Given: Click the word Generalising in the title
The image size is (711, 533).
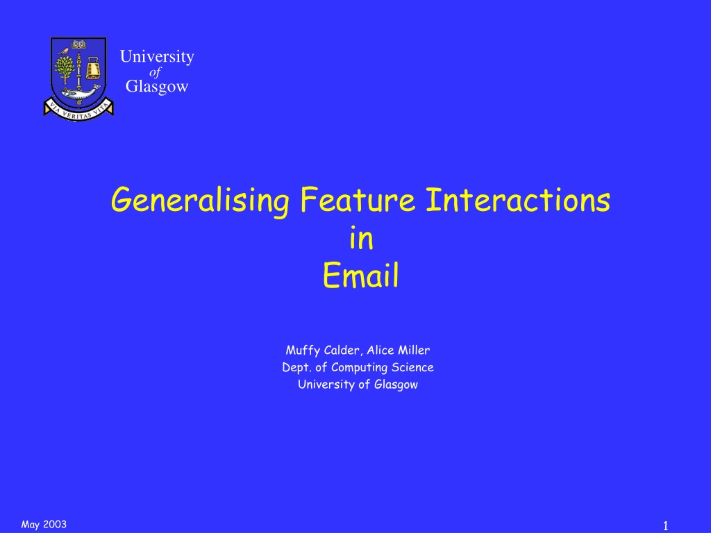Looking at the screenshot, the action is coord(200,201).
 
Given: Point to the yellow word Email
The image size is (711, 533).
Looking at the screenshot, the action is coord(361,275).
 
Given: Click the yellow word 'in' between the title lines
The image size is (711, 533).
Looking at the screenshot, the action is coord(361,238).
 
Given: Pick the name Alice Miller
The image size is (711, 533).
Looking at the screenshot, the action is coord(398,350).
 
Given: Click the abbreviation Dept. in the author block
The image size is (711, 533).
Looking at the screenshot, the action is coord(296,368).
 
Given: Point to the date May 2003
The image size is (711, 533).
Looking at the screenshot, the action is coord(44,525).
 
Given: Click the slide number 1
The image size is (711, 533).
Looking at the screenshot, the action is coord(666,526).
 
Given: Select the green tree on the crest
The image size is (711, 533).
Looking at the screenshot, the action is coord(65,69).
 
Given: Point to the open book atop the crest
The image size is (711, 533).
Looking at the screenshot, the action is coord(78,44).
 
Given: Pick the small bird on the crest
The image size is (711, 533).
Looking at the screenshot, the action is coord(63,51).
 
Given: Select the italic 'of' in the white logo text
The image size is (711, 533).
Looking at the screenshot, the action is coord(155,72).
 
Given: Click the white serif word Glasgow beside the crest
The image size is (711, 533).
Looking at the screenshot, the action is coord(157,86).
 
